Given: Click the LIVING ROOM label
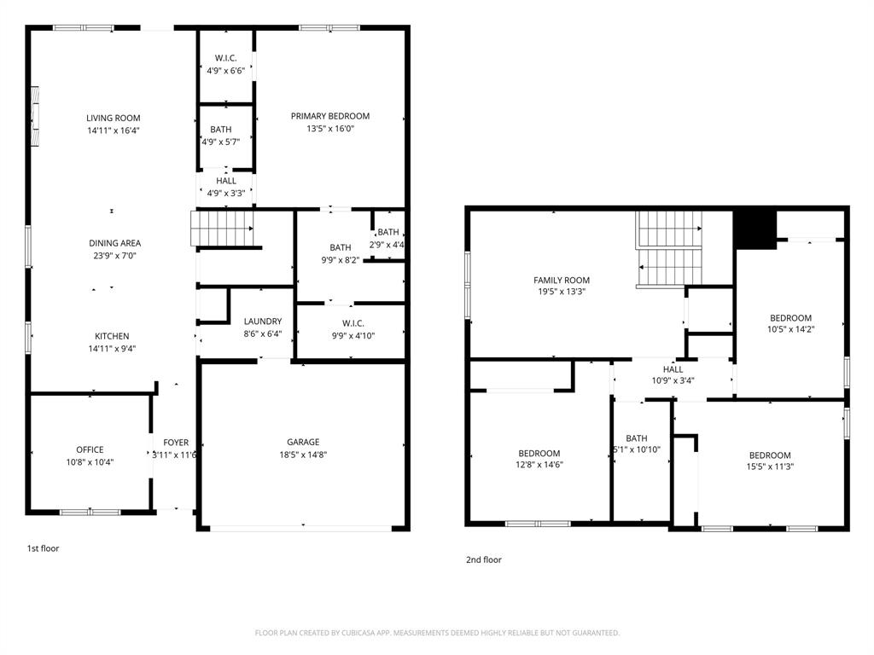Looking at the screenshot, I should point(113,119).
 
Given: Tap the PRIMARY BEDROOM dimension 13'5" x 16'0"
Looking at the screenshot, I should point(329,129).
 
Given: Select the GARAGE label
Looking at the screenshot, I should point(303,442).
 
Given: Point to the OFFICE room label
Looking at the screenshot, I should point(90,449).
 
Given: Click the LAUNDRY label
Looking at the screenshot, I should point(262,322).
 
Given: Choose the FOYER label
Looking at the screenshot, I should point(176,443).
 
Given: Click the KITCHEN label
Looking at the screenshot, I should point(112,336).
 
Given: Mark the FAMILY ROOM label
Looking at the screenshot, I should point(562,281).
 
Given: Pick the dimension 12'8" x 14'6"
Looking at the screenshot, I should point(539,465).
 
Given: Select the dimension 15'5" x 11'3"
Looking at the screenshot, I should point(770,467).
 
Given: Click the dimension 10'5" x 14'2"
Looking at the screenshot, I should point(790,329).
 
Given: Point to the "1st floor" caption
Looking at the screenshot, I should point(43,548).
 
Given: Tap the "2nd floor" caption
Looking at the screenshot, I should point(484,559).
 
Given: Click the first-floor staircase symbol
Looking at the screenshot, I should point(222,228).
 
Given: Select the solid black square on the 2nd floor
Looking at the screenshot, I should point(755,229).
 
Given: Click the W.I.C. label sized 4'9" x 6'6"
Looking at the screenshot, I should point(225,58).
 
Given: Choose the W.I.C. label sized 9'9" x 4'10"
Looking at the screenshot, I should point(353,323).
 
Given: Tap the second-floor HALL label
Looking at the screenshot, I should point(673,369).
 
